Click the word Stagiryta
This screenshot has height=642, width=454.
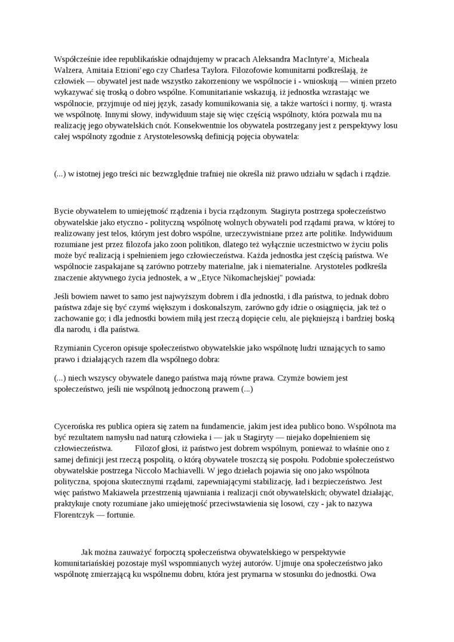pyautogui.click(x=289, y=211)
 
